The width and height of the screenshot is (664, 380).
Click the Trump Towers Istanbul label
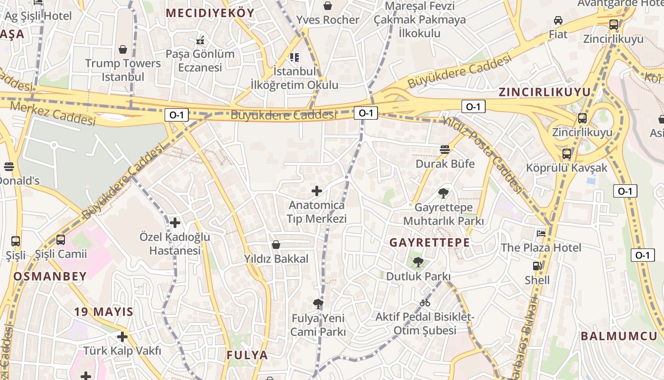pos(123,70)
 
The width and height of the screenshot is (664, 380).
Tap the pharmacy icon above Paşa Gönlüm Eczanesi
pos(200,40)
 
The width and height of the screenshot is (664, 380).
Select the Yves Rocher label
pos(328,20)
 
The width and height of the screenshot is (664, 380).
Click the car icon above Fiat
pos(558,20)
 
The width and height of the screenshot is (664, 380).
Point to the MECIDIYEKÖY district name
pos(210,13)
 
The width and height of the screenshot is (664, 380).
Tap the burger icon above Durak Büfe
pos(444,150)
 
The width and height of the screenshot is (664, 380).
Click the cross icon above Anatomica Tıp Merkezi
pos(316,191)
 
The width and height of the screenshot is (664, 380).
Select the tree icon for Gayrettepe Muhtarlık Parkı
pos(443,193)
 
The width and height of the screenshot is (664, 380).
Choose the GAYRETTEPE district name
pos(430,242)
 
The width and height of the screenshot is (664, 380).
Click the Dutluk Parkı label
pos(418,276)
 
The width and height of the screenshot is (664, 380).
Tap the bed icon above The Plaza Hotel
pos(541,233)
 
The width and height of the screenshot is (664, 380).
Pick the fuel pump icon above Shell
pos(537,266)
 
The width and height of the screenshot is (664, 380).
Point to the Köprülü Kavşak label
pos(566,168)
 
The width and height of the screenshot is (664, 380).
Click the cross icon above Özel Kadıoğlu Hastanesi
pos(175,222)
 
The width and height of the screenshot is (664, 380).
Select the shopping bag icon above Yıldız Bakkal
pos(276,245)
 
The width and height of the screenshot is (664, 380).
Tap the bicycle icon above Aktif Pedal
pos(424,303)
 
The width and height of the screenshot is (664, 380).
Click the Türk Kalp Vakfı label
pos(122,351)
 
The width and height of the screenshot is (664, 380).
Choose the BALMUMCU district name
pos(619,336)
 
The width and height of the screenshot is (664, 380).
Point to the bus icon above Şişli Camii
pos(61,240)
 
